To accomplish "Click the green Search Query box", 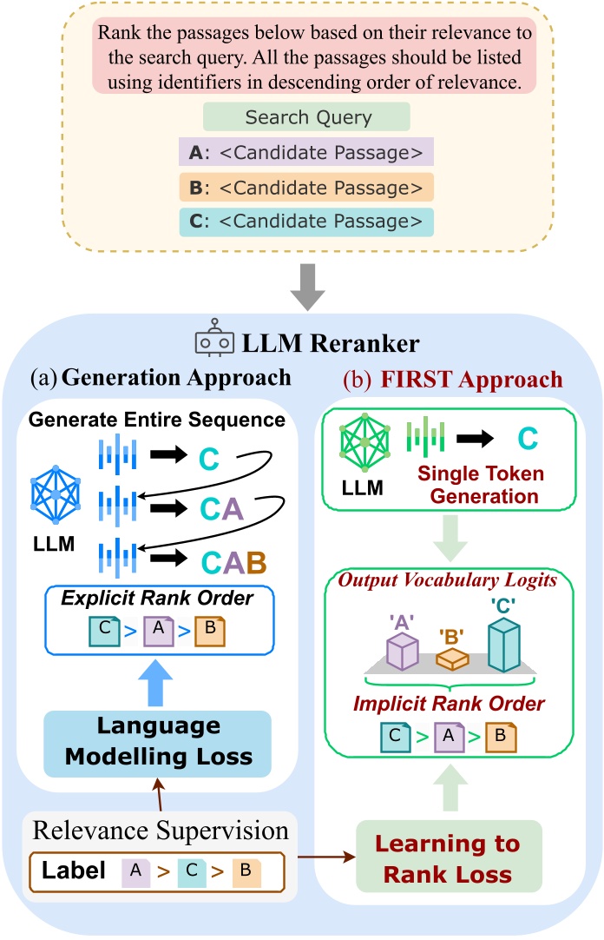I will click(305, 117).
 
